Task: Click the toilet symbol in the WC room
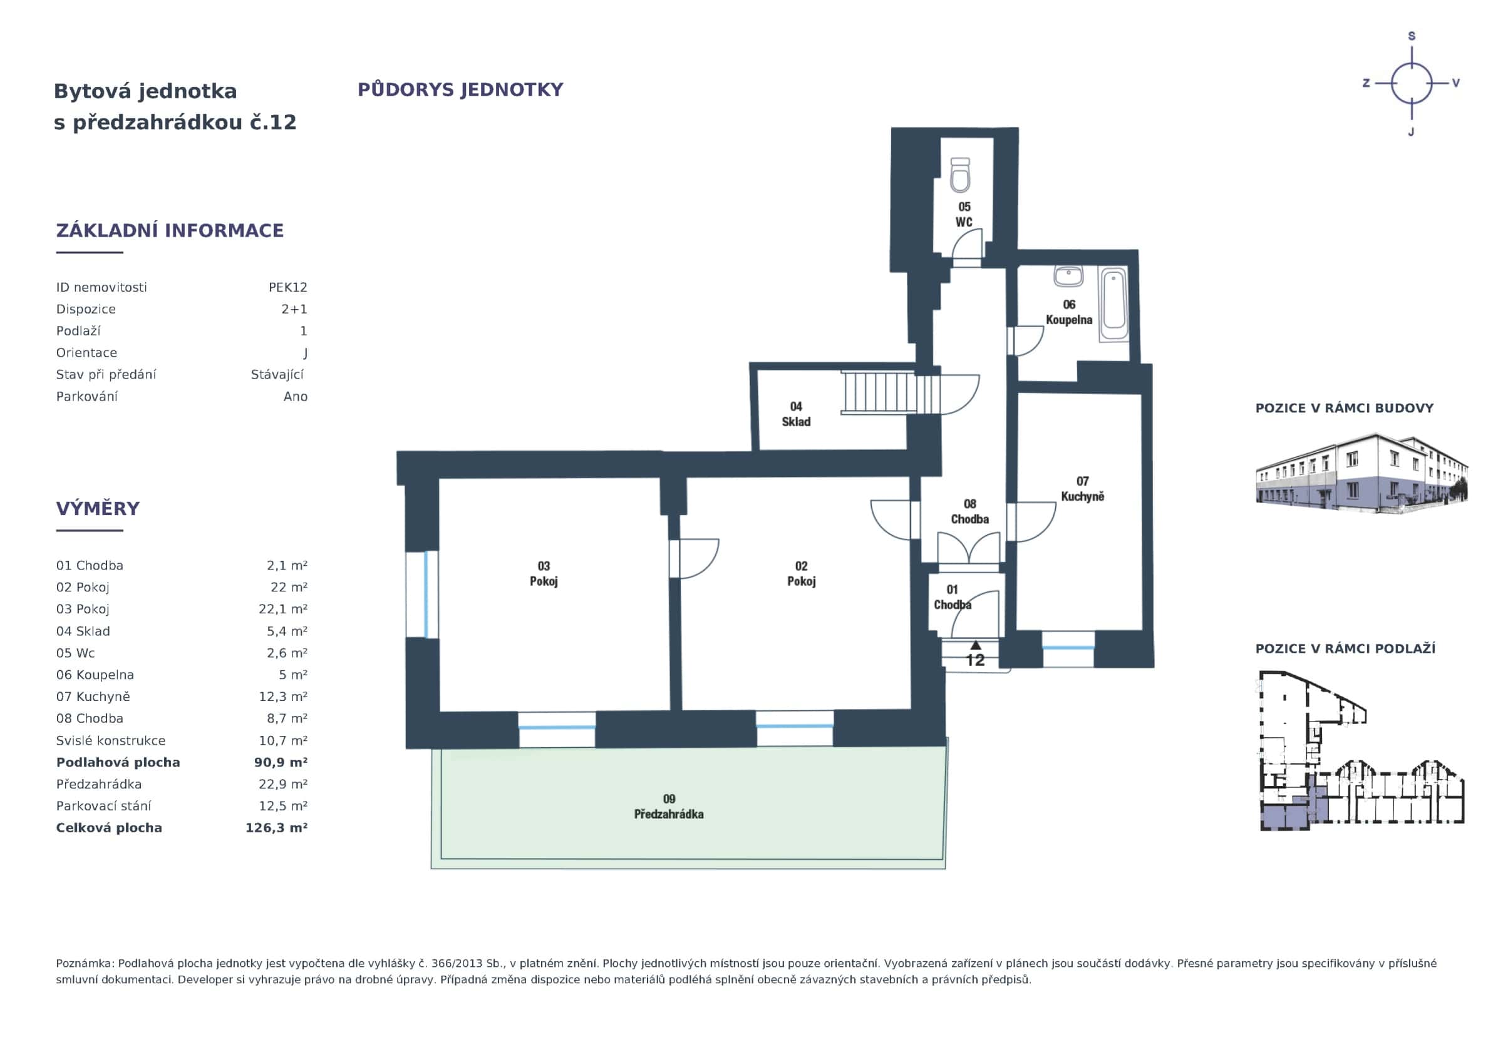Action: click(x=959, y=175)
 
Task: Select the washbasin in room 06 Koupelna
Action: click(x=1068, y=275)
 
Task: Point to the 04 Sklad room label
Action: click(x=795, y=414)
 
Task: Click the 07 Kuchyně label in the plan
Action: click(x=1082, y=489)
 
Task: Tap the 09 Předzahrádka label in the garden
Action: click(x=668, y=806)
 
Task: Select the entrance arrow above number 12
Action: click(x=975, y=645)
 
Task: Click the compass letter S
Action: click(x=1412, y=36)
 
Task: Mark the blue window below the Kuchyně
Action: click(x=1068, y=648)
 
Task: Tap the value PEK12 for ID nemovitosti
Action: click(x=287, y=287)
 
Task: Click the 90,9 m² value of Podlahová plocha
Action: click(x=280, y=762)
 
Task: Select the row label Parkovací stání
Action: click(x=103, y=805)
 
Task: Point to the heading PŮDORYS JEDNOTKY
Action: click(x=460, y=89)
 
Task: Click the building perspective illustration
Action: click(x=1361, y=472)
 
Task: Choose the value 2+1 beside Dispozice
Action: click(x=294, y=309)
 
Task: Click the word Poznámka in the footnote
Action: click(x=85, y=963)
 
